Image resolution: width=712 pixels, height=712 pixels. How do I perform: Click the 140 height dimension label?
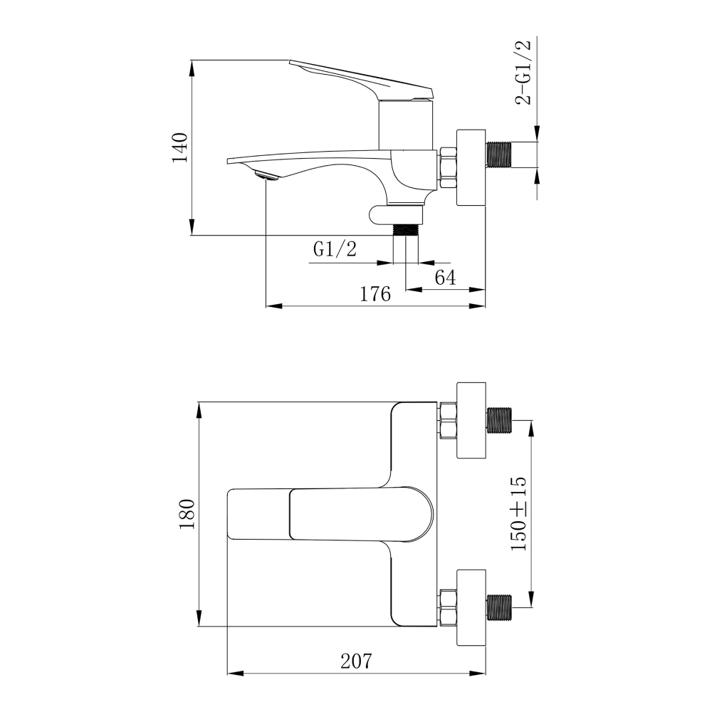[x=179, y=147]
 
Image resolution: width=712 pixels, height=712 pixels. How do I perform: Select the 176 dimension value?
[x=375, y=294]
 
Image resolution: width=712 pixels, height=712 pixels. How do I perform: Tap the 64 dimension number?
[x=445, y=278]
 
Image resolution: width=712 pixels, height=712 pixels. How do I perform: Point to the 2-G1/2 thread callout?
[x=523, y=73]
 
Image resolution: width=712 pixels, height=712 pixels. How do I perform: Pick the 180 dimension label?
[x=187, y=513]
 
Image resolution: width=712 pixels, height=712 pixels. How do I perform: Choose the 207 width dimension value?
[x=357, y=661]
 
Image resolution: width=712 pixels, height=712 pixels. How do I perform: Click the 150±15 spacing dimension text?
[x=518, y=513]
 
